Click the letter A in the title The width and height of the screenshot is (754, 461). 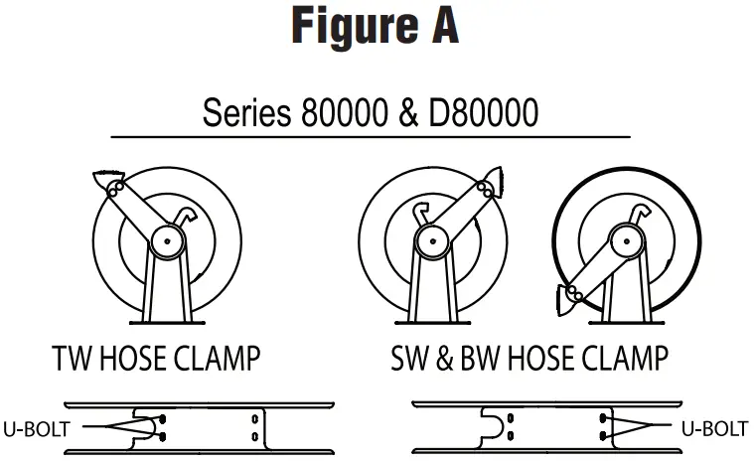(442, 27)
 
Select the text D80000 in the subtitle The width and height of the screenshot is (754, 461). (479, 112)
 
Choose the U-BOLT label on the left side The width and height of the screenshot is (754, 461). (37, 427)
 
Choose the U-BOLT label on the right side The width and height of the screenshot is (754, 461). (714, 428)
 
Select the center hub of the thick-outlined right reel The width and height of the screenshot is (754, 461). (623, 238)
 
